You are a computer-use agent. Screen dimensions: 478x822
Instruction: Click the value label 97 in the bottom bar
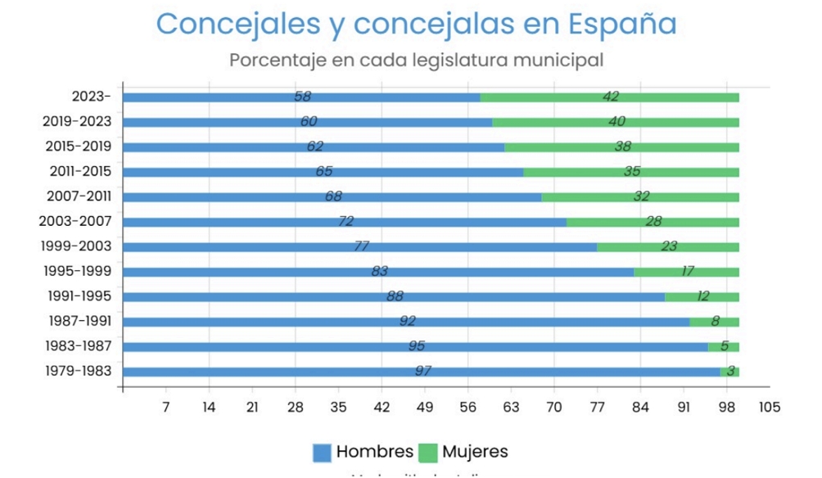[x=422, y=372]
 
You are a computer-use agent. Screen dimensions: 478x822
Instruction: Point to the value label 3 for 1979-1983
[x=730, y=372]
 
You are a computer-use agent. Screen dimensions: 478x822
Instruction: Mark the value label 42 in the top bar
[x=611, y=97]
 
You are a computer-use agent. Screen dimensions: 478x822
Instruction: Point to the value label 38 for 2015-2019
[x=623, y=147]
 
